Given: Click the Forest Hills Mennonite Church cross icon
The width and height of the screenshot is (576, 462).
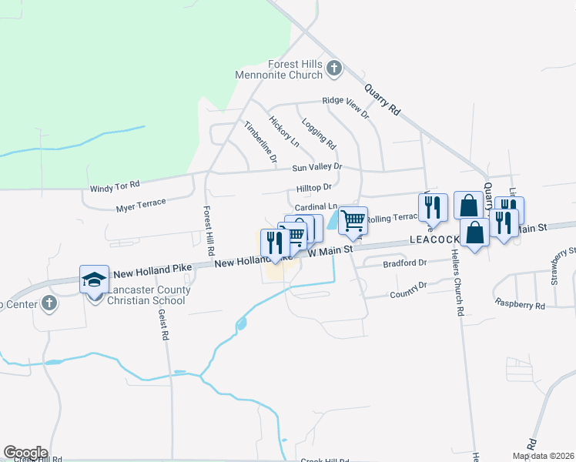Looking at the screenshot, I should coord(333,68).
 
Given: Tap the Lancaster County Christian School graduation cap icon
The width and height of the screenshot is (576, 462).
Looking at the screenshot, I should coord(94,279).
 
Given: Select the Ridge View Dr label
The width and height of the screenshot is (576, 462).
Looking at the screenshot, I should coord(346,100).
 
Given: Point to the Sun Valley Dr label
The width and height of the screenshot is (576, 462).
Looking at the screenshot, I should coord(316,167).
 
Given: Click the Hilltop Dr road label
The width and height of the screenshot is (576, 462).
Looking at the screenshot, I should coord(313,186).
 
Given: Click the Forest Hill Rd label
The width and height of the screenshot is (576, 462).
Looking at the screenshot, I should coord(208,231).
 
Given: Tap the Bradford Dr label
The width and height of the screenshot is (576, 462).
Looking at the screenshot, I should coord(404,263).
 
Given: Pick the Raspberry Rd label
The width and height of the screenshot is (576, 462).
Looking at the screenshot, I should coord(520,305).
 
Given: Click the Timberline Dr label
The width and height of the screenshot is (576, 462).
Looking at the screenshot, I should coord(260,141).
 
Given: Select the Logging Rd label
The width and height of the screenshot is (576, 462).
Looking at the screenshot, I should coord(319,133).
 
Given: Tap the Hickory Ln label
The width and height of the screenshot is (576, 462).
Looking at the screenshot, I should coord(284,131).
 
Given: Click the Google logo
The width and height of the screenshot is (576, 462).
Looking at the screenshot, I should coord(25,453).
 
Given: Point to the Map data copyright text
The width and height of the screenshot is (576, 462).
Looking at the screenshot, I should coord(542,456).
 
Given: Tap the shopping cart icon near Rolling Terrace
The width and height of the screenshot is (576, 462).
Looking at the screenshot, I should coord(353,220).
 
